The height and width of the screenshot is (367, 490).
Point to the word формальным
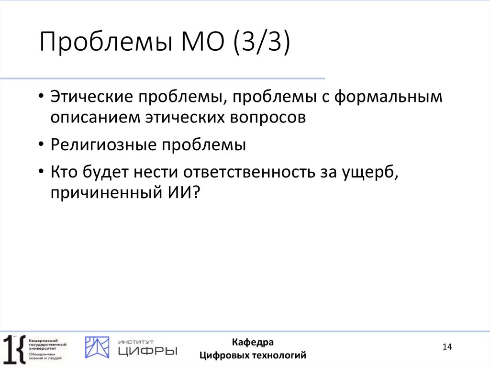(x=388, y=97)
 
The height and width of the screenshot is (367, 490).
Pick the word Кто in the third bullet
(x=65, y=172)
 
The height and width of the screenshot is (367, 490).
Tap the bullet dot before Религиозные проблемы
(x=43, y=145)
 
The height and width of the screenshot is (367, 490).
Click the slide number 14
(x=447, y=347)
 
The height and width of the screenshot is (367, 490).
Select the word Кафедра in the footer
(x=253, y=342)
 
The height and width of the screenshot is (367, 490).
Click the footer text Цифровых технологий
(x=253, y=355)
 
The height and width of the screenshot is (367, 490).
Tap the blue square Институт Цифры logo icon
(x=97, y=347)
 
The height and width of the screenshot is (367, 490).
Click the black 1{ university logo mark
(x=13, y=348)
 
